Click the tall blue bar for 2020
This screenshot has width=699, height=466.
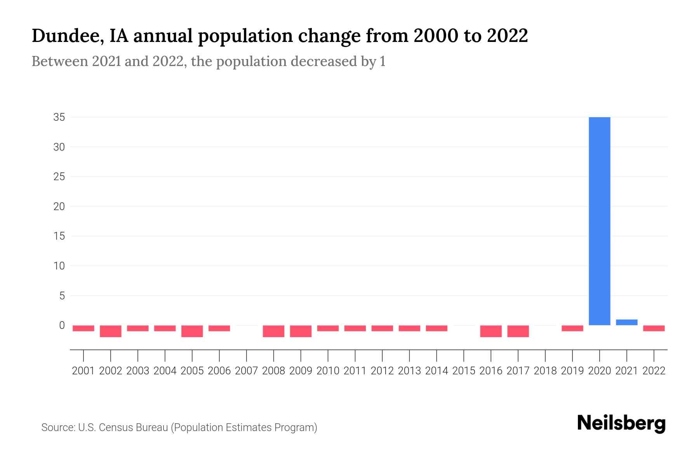(600, 221)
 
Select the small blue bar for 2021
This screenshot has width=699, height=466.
(627, 322)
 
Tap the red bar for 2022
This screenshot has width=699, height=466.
(654, 328)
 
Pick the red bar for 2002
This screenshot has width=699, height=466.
(111, 331)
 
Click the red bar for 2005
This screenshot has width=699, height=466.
(192, 331)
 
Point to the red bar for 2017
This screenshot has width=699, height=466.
(518, 331)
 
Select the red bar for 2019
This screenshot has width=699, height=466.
(572, 328)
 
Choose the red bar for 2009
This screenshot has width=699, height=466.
(301, 331)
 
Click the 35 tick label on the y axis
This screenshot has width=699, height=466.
(59, 117)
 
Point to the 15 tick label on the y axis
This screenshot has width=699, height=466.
(59, 236)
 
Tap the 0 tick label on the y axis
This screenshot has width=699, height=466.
(62, 325)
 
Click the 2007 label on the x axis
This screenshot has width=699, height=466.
(246, 371)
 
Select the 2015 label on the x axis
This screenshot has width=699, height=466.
(464, 371)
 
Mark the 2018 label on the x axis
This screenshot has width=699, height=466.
(545, 371)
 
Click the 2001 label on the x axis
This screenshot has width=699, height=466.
(83, 371)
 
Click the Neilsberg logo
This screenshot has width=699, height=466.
(621, 424)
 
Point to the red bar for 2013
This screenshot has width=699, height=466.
(409, 328)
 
